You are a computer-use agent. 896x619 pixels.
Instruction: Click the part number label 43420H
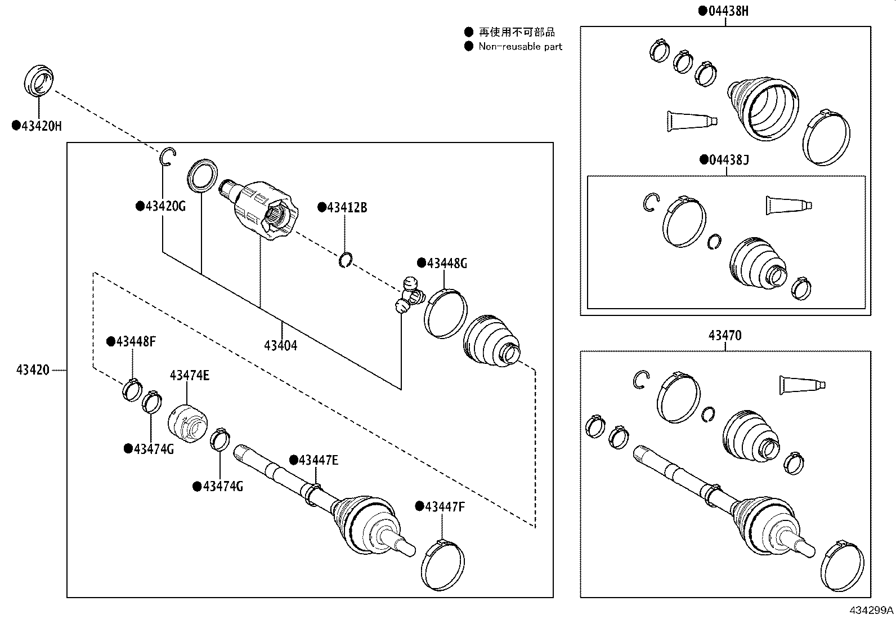tap(41, 126)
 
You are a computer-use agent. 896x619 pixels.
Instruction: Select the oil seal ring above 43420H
tap(39, 82)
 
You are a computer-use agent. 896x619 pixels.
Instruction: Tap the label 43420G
tap(165, 206)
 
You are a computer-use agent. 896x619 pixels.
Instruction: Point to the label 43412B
tap(347, 208)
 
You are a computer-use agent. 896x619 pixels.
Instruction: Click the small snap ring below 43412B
tap(346, 260)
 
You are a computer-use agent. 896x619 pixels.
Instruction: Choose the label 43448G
tap(446, 263)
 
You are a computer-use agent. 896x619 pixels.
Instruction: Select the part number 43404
tap(280, 345)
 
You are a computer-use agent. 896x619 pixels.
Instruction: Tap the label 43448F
tap(136, 342)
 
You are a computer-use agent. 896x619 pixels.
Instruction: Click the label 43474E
tap(190, 376)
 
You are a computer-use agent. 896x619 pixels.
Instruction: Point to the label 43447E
tap(318, 461)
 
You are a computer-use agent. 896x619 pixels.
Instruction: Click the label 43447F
tap(445, 507)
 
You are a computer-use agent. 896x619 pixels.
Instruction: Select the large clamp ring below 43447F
tap(443, 565)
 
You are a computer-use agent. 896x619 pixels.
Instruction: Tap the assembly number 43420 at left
tap(33, 370)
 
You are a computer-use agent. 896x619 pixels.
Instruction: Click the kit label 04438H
tap(728, 11)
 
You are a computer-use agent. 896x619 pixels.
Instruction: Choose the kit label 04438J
tap(729, 160)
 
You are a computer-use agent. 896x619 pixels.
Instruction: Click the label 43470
tap(725, 336)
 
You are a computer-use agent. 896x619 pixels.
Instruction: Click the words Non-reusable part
tap(520, 47)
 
